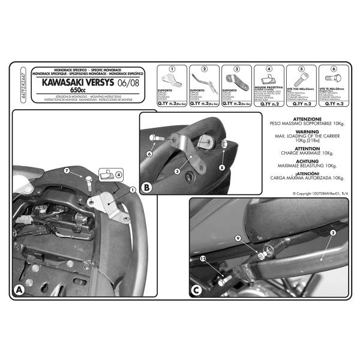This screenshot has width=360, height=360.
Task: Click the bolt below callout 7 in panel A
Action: (x=88, y=184)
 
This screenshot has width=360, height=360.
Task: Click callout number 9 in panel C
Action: (x=238, y=238)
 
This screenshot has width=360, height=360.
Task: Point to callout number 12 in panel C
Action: (x=203, y=259)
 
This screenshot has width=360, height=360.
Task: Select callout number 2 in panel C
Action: (x=332, y=232)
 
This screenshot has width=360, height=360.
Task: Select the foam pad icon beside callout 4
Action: (x=106, y=175)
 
